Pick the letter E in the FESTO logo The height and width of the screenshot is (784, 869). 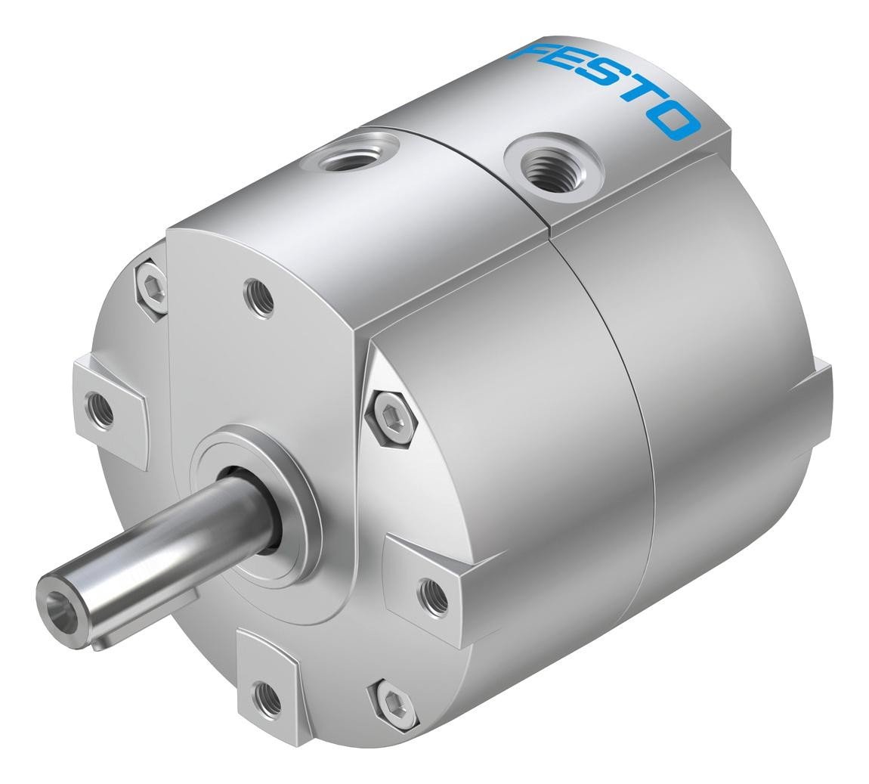click(568, 69)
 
